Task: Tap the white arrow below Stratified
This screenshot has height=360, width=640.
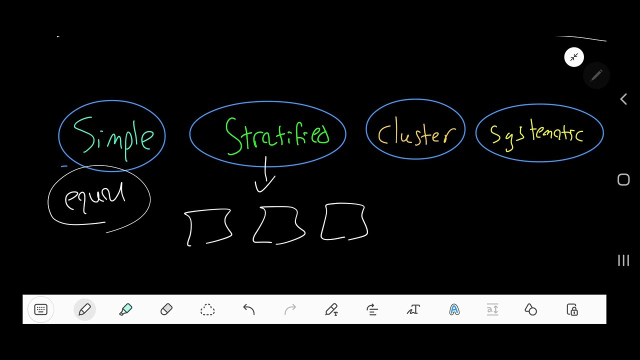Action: pyautogui.click(x=265, y=174)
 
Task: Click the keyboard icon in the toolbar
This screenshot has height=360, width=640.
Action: pyautogui.click(x=40, y=309)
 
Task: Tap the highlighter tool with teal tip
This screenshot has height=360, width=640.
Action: pyautogui.click(x=125, y=309)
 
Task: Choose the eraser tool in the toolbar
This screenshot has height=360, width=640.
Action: pyautogui.click(x=166, y=309)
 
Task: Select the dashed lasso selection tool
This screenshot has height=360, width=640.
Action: pyautogui.click(x=207, y=309)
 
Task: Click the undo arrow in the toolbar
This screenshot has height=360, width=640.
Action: pyautogui.click(x=249, y=309)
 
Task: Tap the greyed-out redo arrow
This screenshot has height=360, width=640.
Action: pyautogui.click(x=290, y=309)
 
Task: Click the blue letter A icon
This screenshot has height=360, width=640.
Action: pyautogui.click(x=454, y=309)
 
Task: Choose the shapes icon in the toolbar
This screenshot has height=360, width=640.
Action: pyautogui.click(x=530, y=309)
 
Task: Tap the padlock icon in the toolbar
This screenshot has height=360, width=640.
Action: pyautogui.click(x=572, y=309)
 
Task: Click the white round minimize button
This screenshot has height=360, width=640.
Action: pyautogui.click(x=574, y=57)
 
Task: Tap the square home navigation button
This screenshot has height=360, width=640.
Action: pyautogui.click(x=623, y=179)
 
